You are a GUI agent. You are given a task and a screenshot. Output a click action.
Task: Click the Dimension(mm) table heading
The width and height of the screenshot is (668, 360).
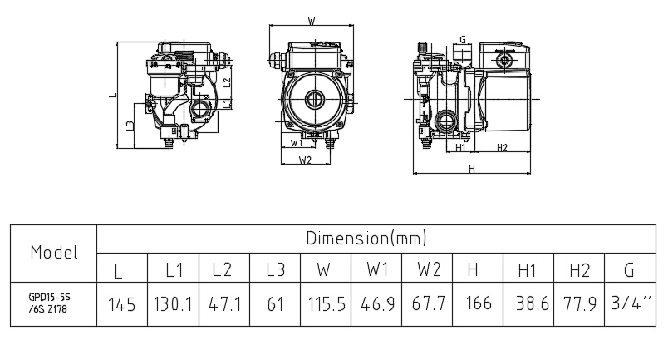tap(366, 239)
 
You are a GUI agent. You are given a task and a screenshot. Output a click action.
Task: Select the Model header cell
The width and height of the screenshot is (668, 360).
tap(54, 252)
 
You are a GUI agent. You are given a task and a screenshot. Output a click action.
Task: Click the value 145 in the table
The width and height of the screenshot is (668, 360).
tap(122, 304)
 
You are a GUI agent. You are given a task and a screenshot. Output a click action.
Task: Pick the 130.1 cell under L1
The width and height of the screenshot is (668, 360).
tap(173, 304)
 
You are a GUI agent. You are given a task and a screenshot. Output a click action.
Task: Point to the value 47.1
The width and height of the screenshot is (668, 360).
tap(223, 304)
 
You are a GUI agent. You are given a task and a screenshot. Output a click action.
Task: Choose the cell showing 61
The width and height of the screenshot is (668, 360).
tap(275, 304)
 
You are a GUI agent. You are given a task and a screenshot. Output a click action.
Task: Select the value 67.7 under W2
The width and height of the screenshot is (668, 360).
tap(428, 304)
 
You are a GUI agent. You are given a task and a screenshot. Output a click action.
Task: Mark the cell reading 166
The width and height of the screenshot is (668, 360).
tap(477, 304)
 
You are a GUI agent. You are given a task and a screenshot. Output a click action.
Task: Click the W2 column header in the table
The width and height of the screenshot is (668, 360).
tap(428, 269)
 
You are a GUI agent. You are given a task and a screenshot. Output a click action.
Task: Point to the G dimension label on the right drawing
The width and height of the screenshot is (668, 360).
tap(462, 38)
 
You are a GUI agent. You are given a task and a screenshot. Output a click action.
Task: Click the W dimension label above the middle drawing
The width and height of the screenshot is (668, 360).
tap(311, 21)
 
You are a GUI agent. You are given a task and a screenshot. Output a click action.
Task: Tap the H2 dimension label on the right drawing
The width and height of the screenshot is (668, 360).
tap(502, 148)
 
